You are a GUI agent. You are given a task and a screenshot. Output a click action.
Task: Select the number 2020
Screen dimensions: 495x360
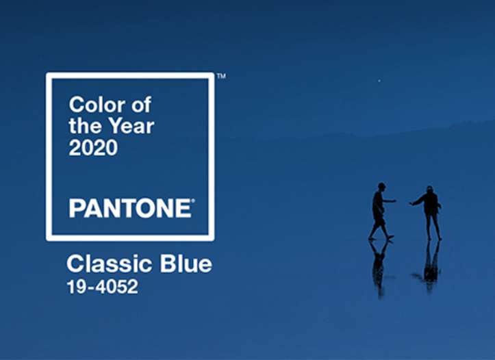tap(93, 147)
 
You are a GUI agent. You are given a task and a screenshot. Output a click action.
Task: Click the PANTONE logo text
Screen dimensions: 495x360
tap(130, 208)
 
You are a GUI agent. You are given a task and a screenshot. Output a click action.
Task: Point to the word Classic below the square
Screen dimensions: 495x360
tap(110, 263)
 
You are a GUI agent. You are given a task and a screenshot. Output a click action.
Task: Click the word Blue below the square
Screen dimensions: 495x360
tap(186, 263)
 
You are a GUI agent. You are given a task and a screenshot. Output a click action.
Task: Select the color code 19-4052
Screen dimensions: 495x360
tap(102, 287)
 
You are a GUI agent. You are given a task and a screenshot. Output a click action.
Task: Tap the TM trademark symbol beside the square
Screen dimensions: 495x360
tap(221, 76)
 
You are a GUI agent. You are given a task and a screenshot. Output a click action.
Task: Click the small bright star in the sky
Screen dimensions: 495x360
tap(379, 81)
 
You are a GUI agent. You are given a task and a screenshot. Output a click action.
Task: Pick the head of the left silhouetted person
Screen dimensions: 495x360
tap(381, 186)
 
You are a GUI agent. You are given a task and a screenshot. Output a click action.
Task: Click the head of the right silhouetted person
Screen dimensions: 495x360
tap(429, 190)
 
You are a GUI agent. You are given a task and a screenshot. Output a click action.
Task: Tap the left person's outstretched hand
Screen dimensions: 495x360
tap(394, 201)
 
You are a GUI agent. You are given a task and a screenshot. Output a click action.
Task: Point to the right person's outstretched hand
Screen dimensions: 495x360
tap(411, 204)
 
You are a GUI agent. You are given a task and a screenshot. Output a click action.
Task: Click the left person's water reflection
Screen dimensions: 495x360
tap(380, 268)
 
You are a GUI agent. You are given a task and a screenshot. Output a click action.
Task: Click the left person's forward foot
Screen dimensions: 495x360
tap(390, 237)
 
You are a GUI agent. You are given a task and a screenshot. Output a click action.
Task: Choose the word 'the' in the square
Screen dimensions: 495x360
tap(86, 126)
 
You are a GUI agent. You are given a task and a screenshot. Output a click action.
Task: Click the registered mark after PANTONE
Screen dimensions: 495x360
tap(193, 200)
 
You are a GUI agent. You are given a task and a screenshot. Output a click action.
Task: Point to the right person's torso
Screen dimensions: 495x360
tap(431, 204)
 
